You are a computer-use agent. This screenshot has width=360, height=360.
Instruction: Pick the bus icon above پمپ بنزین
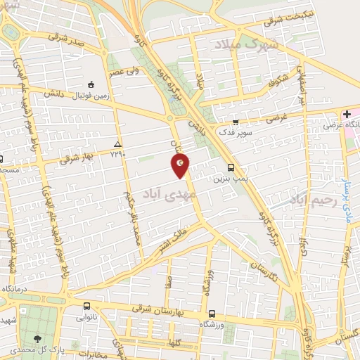231,167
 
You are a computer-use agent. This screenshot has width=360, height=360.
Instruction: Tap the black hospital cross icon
347,114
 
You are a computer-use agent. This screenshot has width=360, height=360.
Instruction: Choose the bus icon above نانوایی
86,307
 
